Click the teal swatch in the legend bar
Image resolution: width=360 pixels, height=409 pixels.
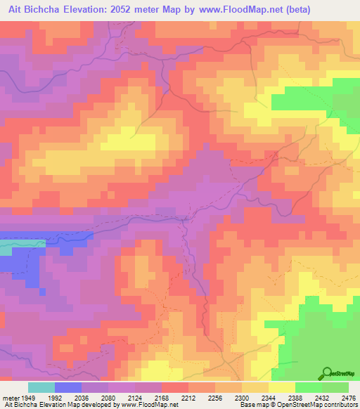(41, 387)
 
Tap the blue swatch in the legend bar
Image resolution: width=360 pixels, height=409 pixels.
(68, 387)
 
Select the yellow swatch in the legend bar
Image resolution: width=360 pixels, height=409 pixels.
(281, 387)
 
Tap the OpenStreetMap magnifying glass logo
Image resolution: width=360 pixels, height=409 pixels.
(326, 373)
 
